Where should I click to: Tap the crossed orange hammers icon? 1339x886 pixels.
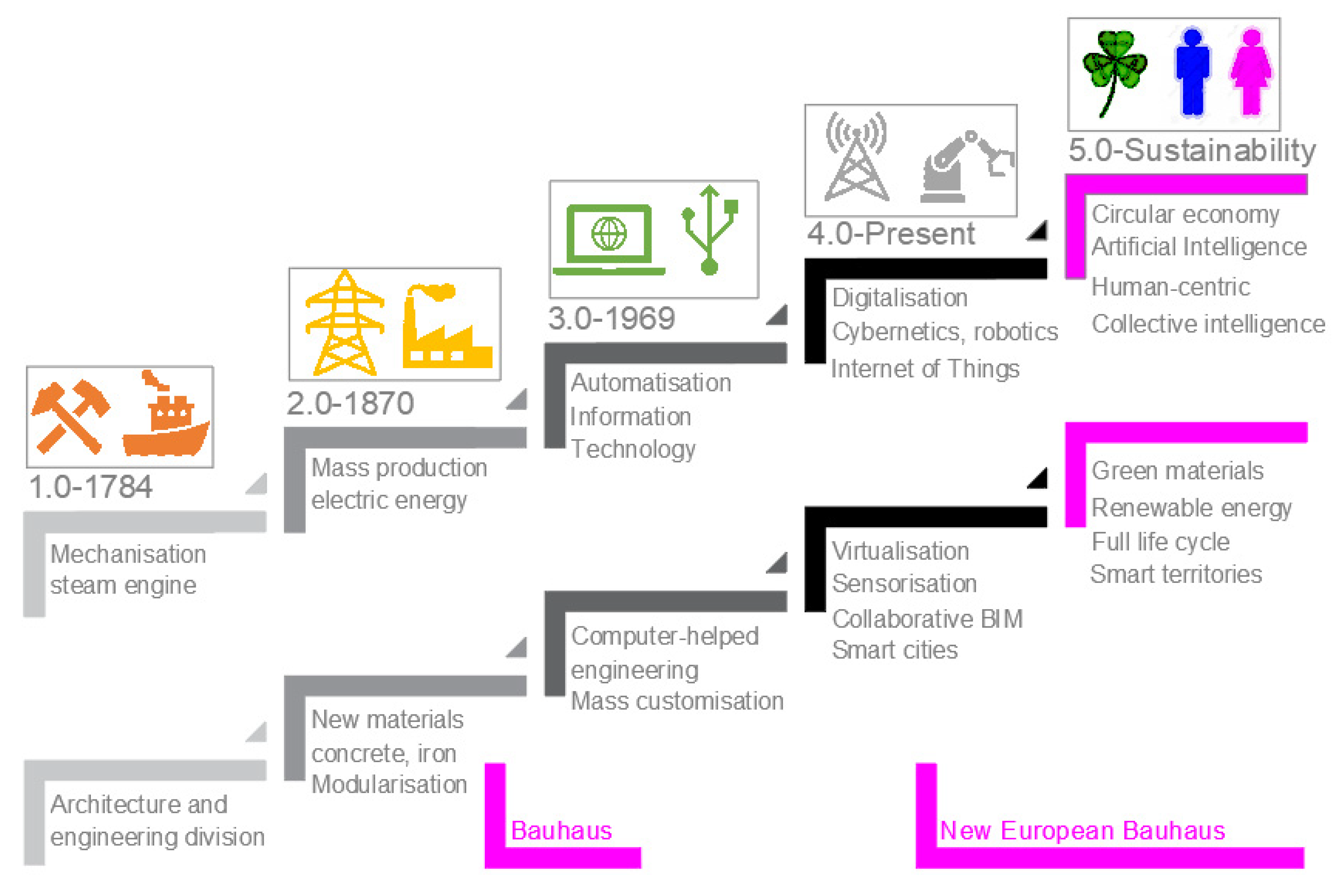(x=70, y=417)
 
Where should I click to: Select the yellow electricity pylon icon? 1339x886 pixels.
(x=344, y=323)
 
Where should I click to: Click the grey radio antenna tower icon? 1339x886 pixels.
(x=856, y=157)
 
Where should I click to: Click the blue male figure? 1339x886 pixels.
(x=1192, y=72)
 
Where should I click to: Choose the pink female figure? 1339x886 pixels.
(x=1252, y=72)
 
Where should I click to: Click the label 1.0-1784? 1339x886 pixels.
(x=91, y=487)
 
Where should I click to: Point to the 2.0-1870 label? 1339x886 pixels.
(x=350, y=403)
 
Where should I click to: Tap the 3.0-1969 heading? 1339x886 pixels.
(x=611, y=319)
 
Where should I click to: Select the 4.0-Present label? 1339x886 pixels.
(x=891, y=234)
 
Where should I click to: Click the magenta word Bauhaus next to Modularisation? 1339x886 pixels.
(x=561, y=831)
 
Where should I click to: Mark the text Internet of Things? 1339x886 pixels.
(x=925, y=369)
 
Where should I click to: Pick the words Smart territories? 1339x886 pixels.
(x=1176, y=574)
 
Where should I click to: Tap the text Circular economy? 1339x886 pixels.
(x=1185, y=214)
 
